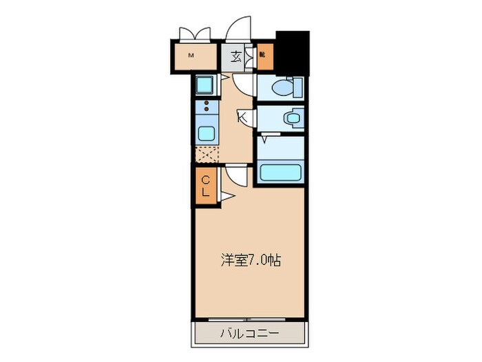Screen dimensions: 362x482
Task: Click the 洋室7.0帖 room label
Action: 250,261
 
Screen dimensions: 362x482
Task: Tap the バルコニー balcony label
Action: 249,334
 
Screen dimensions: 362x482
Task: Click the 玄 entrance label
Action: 235,57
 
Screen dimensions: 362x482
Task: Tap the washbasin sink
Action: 293,118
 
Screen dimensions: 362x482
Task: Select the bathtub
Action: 282,171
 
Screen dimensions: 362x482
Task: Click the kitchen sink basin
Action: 205,132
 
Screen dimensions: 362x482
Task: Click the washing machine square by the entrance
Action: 205,86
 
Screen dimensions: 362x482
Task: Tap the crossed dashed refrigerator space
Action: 205,154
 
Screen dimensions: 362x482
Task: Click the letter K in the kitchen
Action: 242,118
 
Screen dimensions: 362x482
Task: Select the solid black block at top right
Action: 291,52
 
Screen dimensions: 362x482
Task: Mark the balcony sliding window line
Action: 249,319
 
